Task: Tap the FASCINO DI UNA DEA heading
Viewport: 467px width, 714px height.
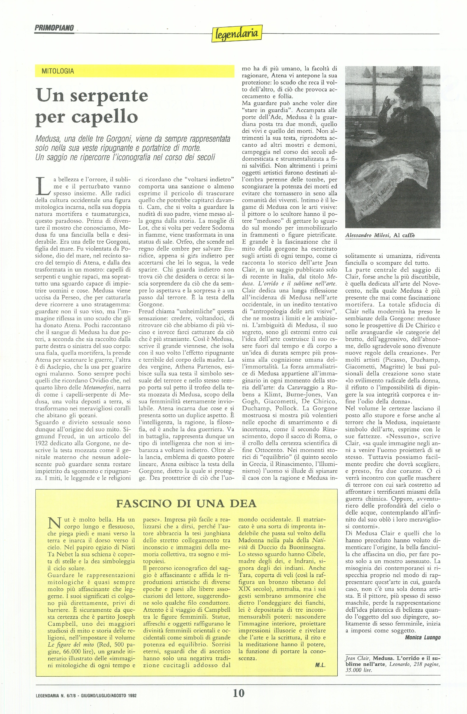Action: [186, 503]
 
